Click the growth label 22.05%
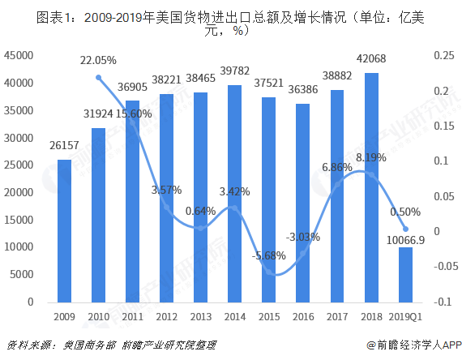[98, 60]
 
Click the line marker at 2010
[98, 78]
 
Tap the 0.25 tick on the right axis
[443, 55]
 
